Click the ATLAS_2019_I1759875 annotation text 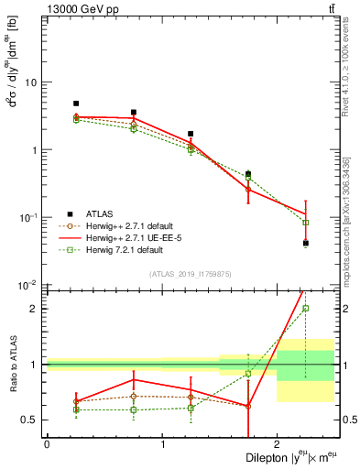click(191, 273)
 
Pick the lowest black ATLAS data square click(306, 243)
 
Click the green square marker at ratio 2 click(306, 309)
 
